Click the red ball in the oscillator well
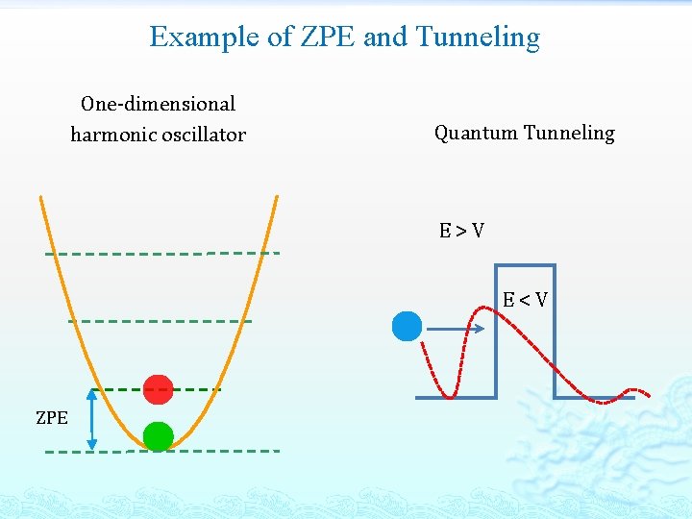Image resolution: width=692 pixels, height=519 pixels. pyautogui.click(x=158, y=389)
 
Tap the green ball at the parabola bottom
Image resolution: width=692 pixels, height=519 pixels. pyautogui.click(x=158, y=436)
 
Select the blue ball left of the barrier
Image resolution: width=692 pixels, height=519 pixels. pyautogui.click(x=407, y=327)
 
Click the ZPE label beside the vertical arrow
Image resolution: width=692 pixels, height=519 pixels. pyautogui.click(x=52, y=418)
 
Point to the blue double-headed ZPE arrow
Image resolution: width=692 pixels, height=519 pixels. pyautogui.click(x=92, y=419)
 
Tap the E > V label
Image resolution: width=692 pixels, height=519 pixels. pyautogui.click(x=461, y=231)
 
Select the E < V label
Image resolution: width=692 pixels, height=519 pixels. pyautogui.click(x=525, y=300)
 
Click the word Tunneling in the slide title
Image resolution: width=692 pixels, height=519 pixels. pyautogui.click(x=478, y=37)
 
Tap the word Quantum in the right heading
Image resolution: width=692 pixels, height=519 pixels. pyautogui.click(x=476, y=133)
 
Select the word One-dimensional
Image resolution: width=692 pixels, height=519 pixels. pyautogui.click(x=159, y=104)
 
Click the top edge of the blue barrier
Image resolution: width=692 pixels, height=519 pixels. pyautogui.click(x=525, y=265)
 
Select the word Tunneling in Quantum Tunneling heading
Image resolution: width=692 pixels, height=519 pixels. pyautogui.click(x=569, y=133)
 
